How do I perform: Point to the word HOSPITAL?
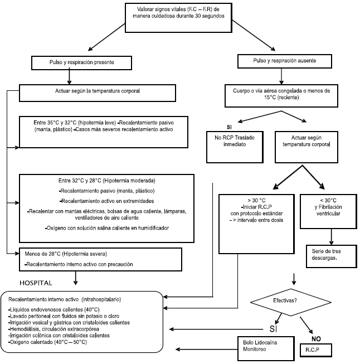click(x=40, y=283)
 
